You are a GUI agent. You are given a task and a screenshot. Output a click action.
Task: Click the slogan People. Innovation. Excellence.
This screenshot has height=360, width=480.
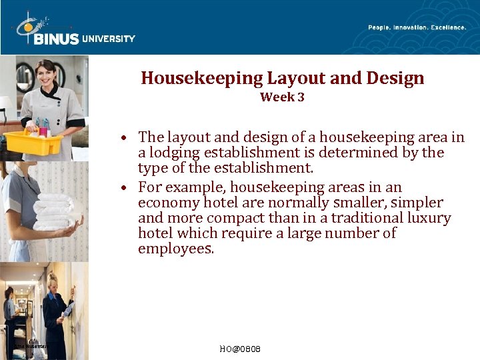pyautogui.click(x=417, y=27)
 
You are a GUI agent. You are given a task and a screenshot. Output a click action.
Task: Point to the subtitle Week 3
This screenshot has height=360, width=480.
pyautogui.click(x=282, y=97)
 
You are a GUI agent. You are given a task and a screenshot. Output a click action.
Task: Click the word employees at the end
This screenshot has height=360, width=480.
pyautogui.click(x=176, y=249)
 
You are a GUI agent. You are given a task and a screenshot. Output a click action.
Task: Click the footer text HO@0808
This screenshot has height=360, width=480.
pyautogui.click(x=240, y=349)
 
